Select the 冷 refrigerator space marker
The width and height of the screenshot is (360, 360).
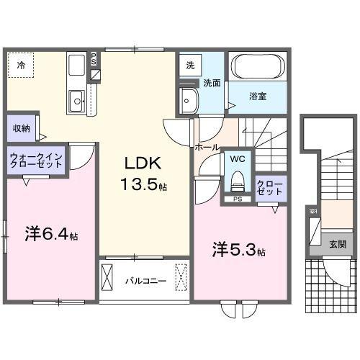click(x=21, y=66)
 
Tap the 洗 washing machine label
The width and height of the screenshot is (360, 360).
click(x=190, y=65)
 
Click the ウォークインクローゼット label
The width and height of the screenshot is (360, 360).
click(x=37, y=160)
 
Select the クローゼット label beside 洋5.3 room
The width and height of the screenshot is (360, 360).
click(x=271, y=189)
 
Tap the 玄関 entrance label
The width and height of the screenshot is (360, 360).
click(x=337, y=245)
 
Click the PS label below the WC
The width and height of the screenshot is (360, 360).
click(x=237, y=199)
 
